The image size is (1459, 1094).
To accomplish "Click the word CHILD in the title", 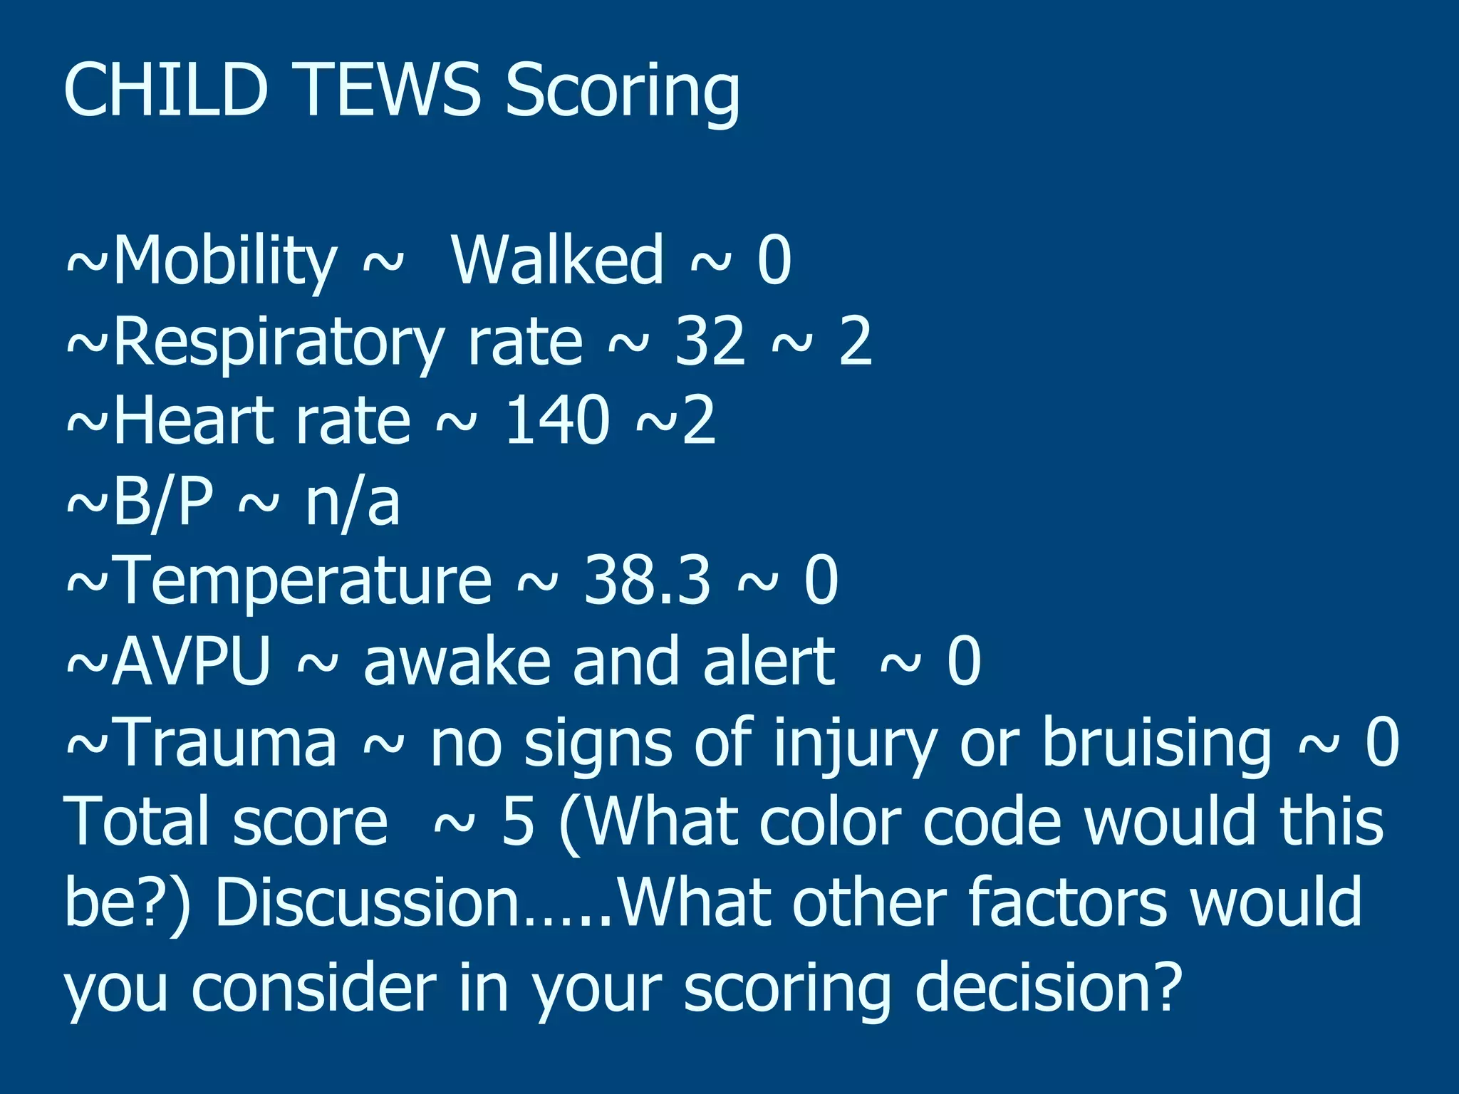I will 165,90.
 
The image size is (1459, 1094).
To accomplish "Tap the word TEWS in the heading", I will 390,90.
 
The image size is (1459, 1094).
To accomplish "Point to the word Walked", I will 558,260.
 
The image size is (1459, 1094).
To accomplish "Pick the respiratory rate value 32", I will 710,341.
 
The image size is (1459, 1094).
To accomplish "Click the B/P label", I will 162,502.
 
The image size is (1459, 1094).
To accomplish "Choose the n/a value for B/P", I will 352,502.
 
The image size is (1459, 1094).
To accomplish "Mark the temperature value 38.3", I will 647,580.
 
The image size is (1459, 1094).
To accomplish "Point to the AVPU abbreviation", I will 191,662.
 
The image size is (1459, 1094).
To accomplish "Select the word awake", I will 457,662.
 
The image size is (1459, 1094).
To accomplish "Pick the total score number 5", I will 518,823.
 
